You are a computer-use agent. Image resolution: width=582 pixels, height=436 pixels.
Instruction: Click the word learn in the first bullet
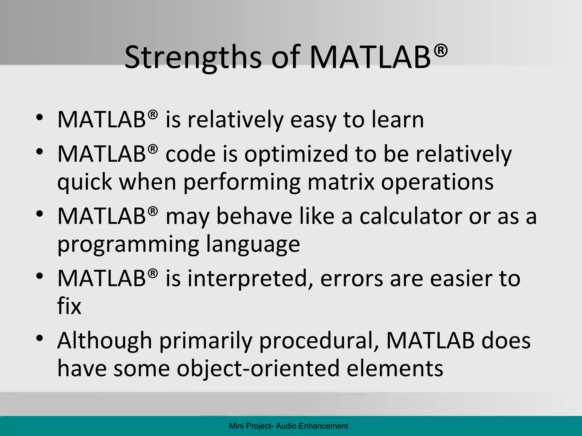(x=398, y=120)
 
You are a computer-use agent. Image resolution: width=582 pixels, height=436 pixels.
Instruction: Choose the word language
(x=253, y=244)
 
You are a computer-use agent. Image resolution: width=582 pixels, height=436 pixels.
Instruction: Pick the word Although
(x=105, y=340)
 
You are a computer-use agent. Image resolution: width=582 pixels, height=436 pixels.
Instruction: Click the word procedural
(x=319, y=340)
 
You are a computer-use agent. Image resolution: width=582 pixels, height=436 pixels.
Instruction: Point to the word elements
(x=395, y=368)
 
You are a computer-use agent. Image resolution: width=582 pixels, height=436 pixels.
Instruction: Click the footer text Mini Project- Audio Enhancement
(x=288, y=426)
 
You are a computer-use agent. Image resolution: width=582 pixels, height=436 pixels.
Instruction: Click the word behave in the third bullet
(x=254, y=216)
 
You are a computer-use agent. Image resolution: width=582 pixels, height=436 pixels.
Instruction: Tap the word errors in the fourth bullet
(x=352, y=278)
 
